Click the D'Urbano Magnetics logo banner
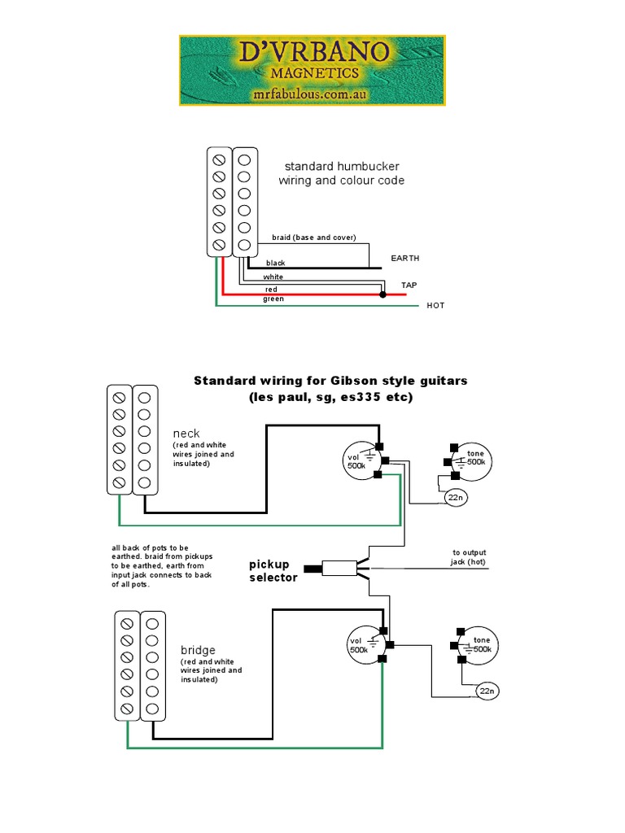312,70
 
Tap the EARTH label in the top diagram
405,258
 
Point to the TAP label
409,286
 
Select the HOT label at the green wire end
435,306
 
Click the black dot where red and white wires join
383,295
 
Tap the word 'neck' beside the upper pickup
186,434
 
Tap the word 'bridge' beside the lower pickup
198,650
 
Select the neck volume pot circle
364,462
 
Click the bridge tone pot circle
474,645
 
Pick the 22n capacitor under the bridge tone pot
487,691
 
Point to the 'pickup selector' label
273,570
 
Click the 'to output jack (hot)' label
468,556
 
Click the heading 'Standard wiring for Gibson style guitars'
330,381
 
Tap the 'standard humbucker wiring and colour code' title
341,173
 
